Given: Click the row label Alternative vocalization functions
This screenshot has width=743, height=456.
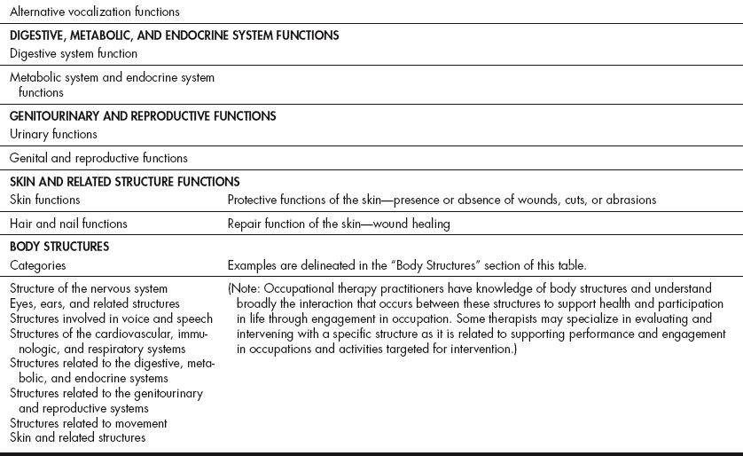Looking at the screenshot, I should (94, 12).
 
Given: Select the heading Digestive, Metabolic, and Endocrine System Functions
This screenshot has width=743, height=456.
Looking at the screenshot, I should (174, 36).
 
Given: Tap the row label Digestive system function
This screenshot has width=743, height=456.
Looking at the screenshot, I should (74, 53).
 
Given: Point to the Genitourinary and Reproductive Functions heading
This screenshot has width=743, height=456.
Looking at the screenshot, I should (143, 116).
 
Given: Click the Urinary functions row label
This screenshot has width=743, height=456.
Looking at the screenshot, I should (53, 134).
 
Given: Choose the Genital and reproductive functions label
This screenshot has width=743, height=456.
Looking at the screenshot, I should (98, 158).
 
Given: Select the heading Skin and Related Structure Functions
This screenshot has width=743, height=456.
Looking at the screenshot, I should (125, 182).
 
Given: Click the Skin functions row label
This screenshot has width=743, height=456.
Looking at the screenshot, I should (44, 200).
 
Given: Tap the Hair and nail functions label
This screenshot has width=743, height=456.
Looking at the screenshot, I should (68, 224).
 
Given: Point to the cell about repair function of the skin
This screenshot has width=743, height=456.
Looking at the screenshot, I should (339, 224).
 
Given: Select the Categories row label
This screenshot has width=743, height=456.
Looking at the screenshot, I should (37, 264).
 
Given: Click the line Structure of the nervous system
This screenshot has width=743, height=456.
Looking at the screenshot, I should (89, 288).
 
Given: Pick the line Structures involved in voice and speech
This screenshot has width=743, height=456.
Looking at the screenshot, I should (111, 318).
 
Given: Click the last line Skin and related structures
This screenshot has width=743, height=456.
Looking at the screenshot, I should (78, 437).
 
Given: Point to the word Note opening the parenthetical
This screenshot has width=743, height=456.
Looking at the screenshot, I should (245, 288).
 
